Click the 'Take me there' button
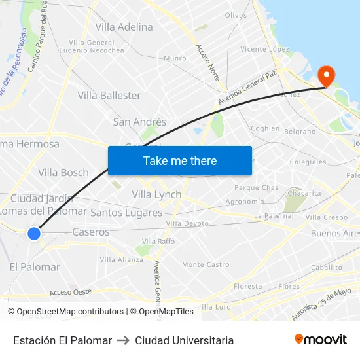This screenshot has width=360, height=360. point(180,161)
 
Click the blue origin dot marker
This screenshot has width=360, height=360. point(34,233)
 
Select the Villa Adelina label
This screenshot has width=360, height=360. point(124,27)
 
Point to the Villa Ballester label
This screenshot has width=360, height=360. point(109,96)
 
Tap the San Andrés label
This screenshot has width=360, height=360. point(139,122)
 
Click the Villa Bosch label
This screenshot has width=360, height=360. point(63,173)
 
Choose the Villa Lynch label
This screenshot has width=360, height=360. point(156,194)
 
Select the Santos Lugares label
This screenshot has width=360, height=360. point(126,213)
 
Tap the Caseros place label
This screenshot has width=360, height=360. point(91,232)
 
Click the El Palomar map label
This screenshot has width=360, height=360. point(35,267)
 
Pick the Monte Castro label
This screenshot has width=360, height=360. point(206,264)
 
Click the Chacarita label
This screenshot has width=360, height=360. point(305,193)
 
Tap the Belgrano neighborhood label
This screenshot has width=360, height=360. point(300,132)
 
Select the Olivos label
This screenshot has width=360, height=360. point(236,15)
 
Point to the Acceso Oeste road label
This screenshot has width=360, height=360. point(70,292)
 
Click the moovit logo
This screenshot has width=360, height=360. point(321,340)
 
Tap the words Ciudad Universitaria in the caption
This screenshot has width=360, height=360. point(184,340)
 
